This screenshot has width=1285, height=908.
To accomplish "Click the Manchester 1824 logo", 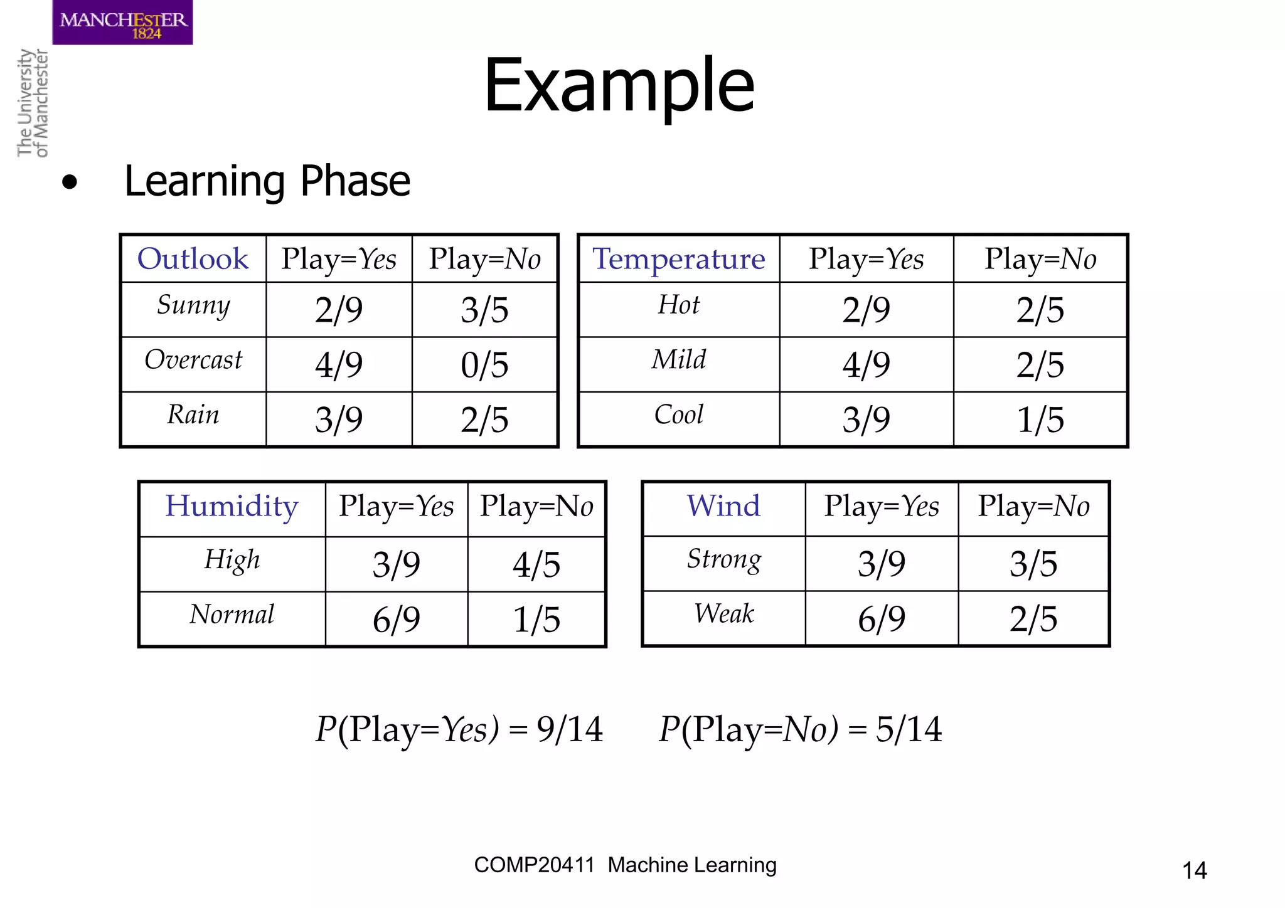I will (x=122, y=23).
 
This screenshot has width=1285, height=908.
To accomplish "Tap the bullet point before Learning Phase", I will (x=70, y=182).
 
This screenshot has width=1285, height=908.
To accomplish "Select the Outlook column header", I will (x=193, y=259).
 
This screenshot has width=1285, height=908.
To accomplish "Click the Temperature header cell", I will (x=679, y=259).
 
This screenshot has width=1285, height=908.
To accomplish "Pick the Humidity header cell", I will (x=232, y=506).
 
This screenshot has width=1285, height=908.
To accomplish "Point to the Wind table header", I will (x=723, y=506).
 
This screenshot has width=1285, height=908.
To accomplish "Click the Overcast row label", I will (x=193, y=360).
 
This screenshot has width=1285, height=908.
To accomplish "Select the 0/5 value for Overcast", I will (x=484, y=365).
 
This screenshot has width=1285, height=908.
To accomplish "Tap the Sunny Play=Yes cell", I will (x=339, y=310).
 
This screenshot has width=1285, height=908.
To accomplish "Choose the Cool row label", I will (x=679, y=414).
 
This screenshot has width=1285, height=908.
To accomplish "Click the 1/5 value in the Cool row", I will (x=1040, y=420).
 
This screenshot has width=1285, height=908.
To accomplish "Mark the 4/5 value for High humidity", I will (x=536, y=564).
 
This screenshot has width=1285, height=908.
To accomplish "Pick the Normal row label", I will (x=232, y=615).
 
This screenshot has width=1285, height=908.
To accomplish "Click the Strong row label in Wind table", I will (x=723, y=559).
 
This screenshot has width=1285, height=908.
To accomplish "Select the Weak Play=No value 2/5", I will (x=1033, y=619).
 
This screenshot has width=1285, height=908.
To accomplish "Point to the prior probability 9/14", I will (x=570, y=729).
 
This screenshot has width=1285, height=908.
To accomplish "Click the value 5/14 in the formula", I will (x=909, y=729).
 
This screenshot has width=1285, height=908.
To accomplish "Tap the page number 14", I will (x=1194, y=870).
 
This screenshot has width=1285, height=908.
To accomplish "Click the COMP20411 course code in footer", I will (x=534, y=865).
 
